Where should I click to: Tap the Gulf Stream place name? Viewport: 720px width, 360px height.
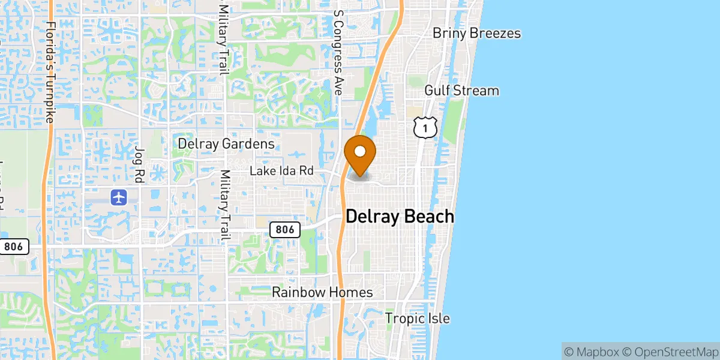[x=461, y=91]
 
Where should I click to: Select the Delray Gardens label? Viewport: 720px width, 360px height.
[x=226, y=143]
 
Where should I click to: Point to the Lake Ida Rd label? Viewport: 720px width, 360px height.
[x=282, y=171]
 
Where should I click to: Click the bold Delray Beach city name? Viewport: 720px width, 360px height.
[x=400, y=217]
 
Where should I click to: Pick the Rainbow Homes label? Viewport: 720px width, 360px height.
[x=322, y=292]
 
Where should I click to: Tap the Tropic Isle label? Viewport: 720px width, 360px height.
[x=417, y=319]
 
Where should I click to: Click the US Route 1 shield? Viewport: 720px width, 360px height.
[x=425, y=127]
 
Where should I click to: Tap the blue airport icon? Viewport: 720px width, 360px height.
[x=119, y=196]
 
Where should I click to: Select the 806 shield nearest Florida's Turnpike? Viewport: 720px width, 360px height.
[x=14, y=246]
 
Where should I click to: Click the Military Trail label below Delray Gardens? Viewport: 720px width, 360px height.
[x=225, y=205]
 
